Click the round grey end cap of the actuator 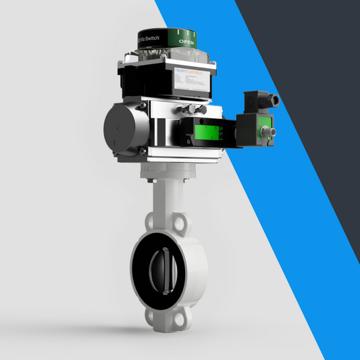(x=123, y=128)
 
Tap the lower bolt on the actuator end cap (x=143, y=149)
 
